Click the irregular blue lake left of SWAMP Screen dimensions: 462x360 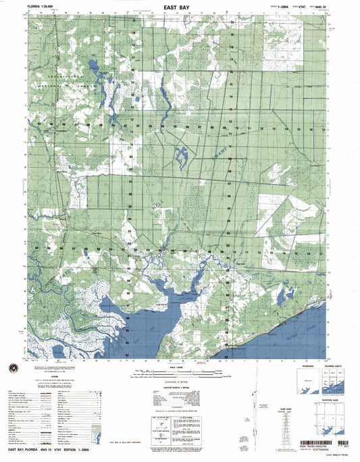click(x=181, y=156)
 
